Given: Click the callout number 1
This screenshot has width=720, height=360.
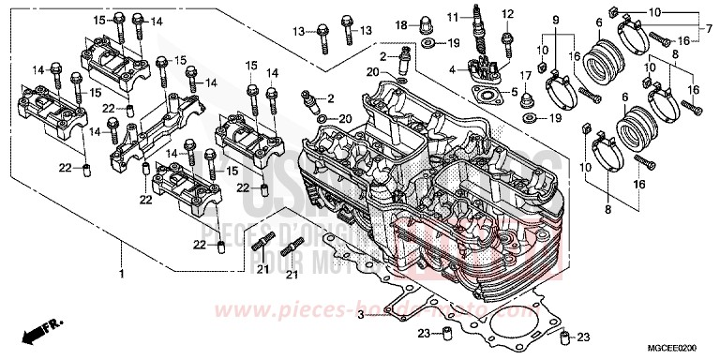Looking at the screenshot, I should point(121,275).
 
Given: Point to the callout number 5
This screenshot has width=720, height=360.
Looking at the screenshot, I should point(514,92).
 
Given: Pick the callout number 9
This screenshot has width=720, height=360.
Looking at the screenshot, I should point(554,20).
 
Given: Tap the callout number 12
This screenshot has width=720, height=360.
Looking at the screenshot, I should point(509,14).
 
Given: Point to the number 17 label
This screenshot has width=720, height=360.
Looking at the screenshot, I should point(526,76).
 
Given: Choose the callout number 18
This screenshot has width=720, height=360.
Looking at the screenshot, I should point(397,23).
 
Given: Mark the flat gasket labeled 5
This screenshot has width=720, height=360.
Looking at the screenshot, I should point(485,94).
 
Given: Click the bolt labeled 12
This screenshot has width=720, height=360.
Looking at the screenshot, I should point(507,40).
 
